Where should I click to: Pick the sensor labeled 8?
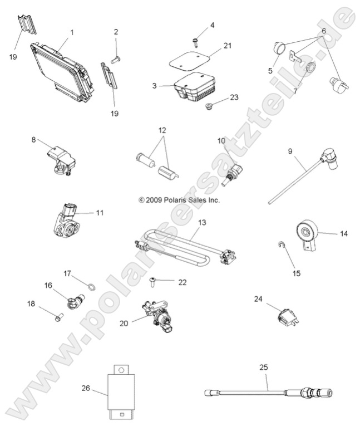click(x=58, y=159)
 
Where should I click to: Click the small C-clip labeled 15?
click(x=282, y=246)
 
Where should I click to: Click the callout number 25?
click(x=263, y=367)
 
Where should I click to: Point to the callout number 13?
click(x=186, y=222)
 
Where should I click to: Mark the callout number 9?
click(x=290, y=150)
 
